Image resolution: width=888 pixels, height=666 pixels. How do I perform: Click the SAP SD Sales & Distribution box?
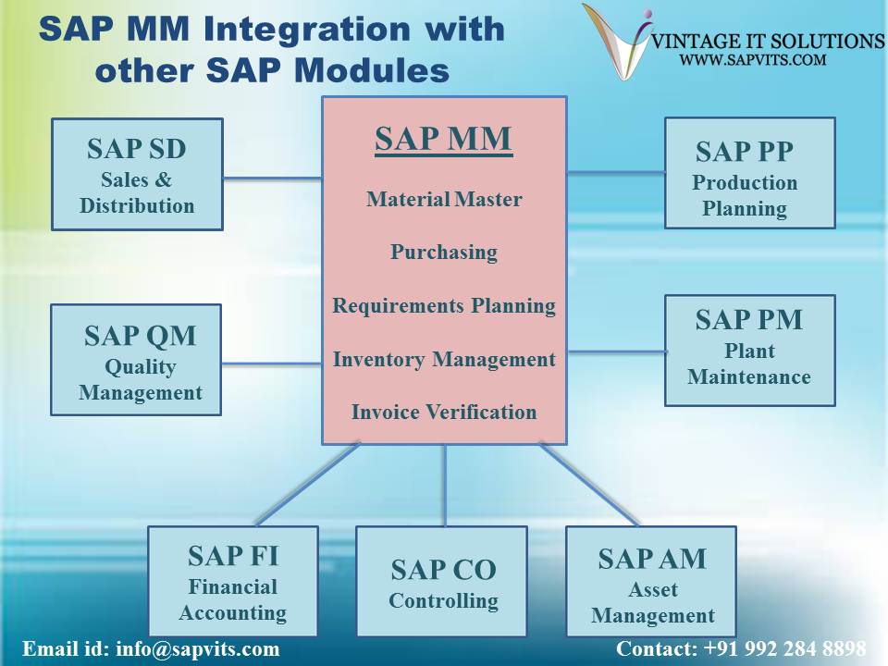(x=137, y=174)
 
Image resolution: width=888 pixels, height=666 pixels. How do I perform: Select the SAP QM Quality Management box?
(x=137, y=359)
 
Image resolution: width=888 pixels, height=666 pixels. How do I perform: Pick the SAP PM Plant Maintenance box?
(x=749, y=350)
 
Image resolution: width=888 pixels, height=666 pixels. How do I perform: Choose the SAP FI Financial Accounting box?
(x=233, y=581)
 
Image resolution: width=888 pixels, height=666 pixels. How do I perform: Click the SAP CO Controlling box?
(x=442, y=581)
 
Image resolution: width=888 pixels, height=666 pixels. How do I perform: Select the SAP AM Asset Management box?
(x=651, y=581)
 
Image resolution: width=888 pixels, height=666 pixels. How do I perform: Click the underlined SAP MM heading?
(x=444, y=139)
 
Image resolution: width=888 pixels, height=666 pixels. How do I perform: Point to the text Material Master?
(x=444, y=199)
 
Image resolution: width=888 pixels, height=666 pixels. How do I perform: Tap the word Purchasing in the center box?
(x=444, y=252)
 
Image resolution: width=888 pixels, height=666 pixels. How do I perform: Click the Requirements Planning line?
(x=444, y=305)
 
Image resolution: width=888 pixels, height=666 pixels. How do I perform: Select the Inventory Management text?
(x=444, y=359)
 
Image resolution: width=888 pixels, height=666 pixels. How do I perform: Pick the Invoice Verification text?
(x=444, y=412)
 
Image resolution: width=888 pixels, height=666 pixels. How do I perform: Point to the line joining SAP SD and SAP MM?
(x=272, y=179)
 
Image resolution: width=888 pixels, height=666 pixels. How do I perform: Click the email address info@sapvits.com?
(x=197, y=648)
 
